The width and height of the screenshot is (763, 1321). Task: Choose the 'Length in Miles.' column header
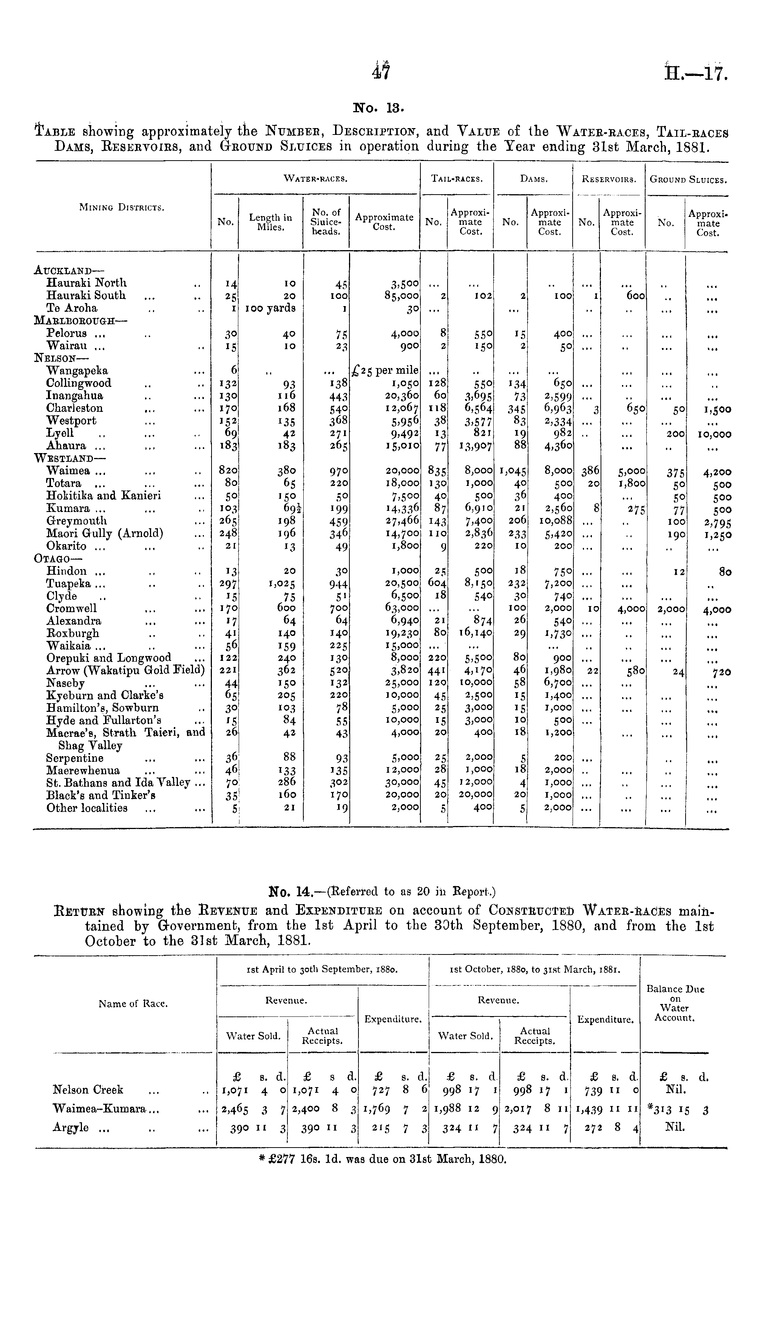[270, 222]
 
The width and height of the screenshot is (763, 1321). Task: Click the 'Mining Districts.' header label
[122, 207]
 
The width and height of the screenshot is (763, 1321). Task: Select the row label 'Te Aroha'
[72, 308]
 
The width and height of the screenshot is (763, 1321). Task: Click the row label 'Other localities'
[87, 808]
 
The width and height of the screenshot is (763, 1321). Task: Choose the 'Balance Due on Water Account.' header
[675, 1003]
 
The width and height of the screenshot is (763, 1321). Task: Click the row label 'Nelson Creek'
[88, 1090]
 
